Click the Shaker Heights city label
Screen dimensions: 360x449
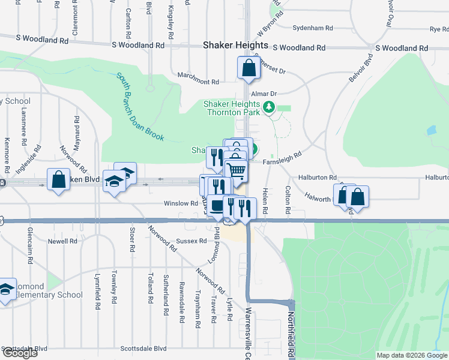click(235, 45)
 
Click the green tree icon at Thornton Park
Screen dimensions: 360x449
click(270, 107)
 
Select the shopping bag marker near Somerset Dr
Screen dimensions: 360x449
click(249, 68)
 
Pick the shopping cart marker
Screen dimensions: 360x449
click(237, 171)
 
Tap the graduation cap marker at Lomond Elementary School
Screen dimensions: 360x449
click(5, 291)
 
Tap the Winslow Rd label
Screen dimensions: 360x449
click(181, 203)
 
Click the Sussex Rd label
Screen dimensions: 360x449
click(191, 241)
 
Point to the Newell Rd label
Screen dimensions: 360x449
click(63, 241)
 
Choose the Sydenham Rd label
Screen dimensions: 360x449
click(312, 28)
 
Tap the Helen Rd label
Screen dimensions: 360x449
click(265, 202)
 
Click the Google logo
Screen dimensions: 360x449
click(19, 353)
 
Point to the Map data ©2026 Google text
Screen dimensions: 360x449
click(411, 355)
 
